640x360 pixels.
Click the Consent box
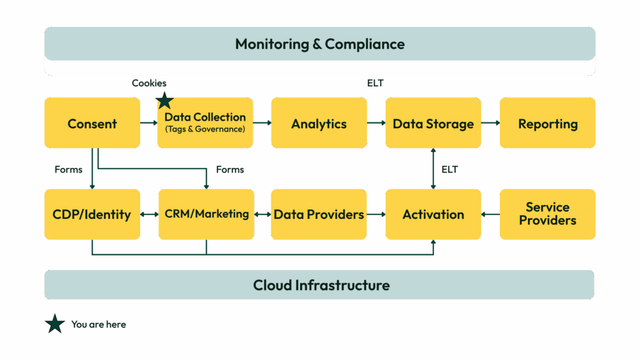pyautogui.click(x=92, y=123)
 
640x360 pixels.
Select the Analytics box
pyautogui.click(x=319, y=123)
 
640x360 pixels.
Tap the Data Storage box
pyautogui.click(x=433, y=123)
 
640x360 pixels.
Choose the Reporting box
pyautogui.click(x=547, y=123)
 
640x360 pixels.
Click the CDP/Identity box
pyautogui.click(x=92, y=214)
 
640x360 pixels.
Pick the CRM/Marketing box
pyautogui.click(x=206, y=214)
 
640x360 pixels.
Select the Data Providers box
pyautogui.click(x=319, y=214)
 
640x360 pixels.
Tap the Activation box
pyautogui.click(x=433, y=214)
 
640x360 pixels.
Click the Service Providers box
pyautogui.click(x=547, y=214)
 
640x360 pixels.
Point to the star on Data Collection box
pyautogui.click(x=164, y=100)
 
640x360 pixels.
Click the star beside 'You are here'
pyautogui.click(x=55, y=324)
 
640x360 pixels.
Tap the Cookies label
pyautogui.click(x=149, y=83)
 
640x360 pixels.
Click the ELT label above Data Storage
pyautogui.click(x=376, y=83)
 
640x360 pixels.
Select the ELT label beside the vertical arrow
pyautogui.click(x=449, y=169)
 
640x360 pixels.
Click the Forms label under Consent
pyautogui.click(x=69, y=169)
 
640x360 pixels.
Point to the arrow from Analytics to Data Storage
pyautogui.click(x=376, y=123)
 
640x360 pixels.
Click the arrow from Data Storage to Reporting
pyautogui.click(x=491, y=123)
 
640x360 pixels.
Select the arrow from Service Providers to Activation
pyautogui.click(x=491, y=214)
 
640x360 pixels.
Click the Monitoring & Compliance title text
pyautogui.click(x=319, y=44)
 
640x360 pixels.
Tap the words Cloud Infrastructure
pyautogui.click(x=321, y=286)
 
